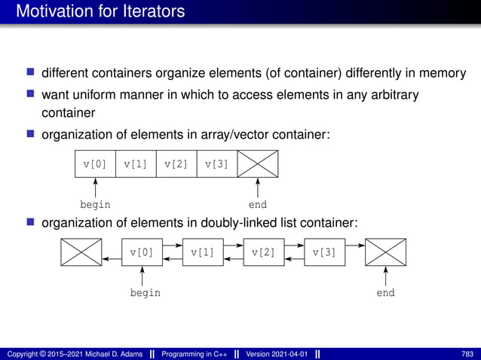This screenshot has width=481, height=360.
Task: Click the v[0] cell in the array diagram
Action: [x=95, y=163]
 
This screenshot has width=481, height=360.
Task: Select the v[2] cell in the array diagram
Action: [x=176, y=163]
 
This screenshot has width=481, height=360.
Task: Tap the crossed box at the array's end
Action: [x=258, y=163]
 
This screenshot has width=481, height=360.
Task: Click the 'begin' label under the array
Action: [x=95, y=204]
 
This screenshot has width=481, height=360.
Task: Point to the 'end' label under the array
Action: [x=258, y=204]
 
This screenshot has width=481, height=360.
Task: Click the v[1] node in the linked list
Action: [x=203, y=252]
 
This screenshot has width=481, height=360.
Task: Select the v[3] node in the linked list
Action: [x=324, y=252]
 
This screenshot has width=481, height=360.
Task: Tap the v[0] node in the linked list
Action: [x=142, y=252]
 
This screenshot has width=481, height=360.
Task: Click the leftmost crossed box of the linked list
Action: [x=81, y=252]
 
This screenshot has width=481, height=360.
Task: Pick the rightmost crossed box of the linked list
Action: [x=385, y=252]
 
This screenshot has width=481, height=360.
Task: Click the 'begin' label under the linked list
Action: [x=145, y=293]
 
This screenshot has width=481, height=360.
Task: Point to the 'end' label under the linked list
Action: [x=385, y=293]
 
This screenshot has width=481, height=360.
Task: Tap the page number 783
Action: [x=467, y=353]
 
